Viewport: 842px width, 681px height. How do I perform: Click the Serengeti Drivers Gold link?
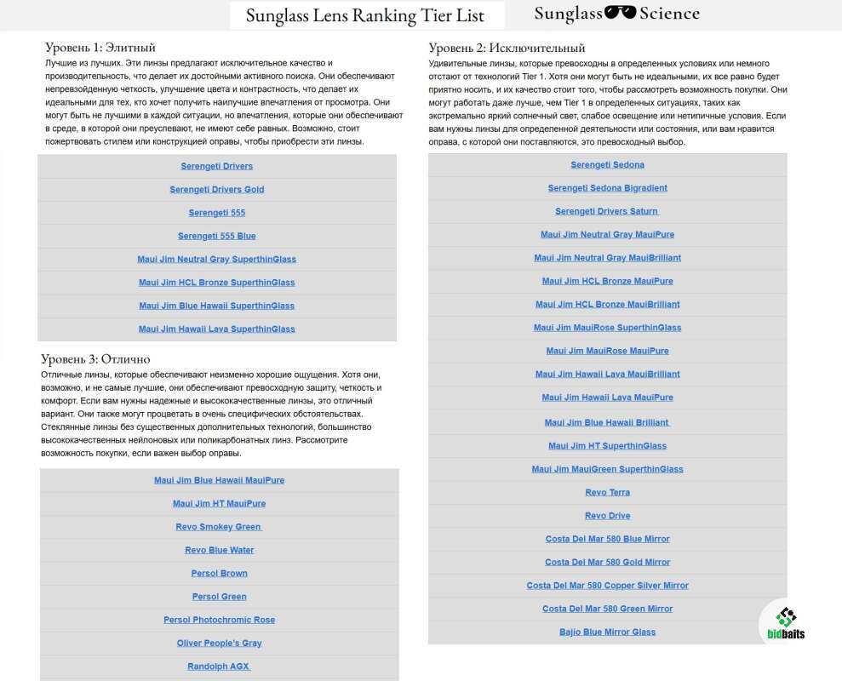(217, 189)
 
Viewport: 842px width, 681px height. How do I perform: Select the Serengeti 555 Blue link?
(217, 236)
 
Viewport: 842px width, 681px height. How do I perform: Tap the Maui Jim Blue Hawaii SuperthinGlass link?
(217, 306)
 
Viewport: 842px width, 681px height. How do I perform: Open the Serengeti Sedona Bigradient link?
(608, 188)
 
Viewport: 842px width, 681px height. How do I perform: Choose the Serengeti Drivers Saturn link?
(608, 211)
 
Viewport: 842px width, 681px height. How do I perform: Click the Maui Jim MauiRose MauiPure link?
(608, 351)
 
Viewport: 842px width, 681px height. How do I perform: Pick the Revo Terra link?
(608, 493)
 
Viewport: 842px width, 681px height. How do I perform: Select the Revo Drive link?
(608, 516)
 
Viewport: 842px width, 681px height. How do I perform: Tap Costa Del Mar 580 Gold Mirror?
(608, 562)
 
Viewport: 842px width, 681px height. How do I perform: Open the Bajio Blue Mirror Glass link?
(608, 632)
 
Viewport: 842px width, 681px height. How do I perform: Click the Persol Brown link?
(220, 573)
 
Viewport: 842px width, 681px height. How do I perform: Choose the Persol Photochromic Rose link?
(220, 620)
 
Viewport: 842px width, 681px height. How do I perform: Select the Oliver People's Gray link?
(220, 643)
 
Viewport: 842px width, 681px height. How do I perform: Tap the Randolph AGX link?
(220, 667)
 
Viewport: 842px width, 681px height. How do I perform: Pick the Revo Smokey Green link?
(220, 527)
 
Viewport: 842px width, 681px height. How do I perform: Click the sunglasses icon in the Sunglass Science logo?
(621, 14)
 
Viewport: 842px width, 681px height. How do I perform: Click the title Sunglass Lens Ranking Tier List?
(365, 15)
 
